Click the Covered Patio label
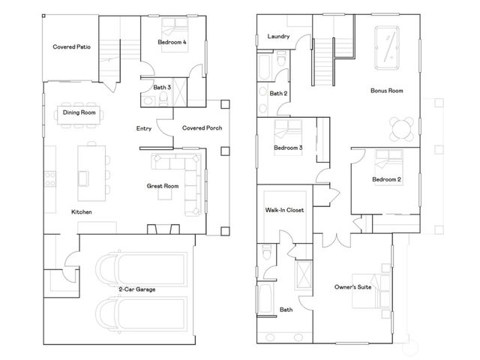click(73, 46)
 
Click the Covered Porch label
click(200, 128)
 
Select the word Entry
click(144, 128)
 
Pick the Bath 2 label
click(278, 94)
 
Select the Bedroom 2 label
click(387, 179)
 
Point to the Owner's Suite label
click(353, 286)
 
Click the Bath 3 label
click(162, 88)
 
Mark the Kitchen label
click(82, 212)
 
